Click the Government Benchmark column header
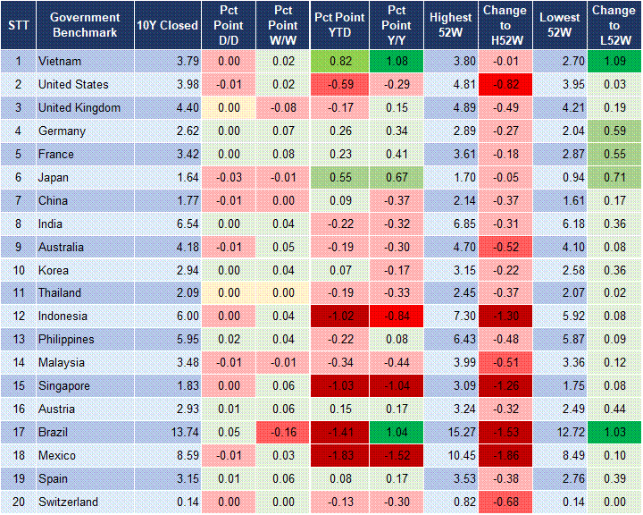tap(85, 25)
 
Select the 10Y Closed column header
tap(167, 25)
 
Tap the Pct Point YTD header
tap(338, 25)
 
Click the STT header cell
tap(18, 25)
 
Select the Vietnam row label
tap(60, 62)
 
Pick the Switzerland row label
tap(68, 502)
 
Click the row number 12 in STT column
tap(18, 317)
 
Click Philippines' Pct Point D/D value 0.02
tap(228, 340)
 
